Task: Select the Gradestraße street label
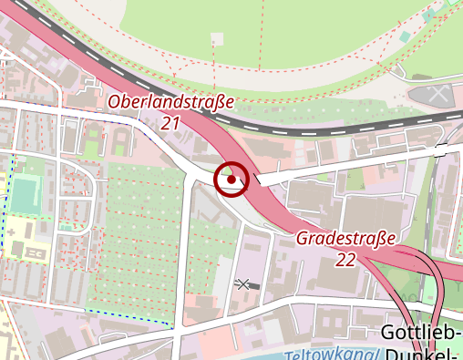point(347,240)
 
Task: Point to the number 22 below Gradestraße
point(345,260)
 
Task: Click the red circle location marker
point(231,180)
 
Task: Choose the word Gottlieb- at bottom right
point(419,332)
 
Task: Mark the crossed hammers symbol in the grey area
point(439,94)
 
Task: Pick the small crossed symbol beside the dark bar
point(242,284)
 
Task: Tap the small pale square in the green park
point(216,38)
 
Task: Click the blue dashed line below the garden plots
point(128,316)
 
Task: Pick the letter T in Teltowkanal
point(289,355)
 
